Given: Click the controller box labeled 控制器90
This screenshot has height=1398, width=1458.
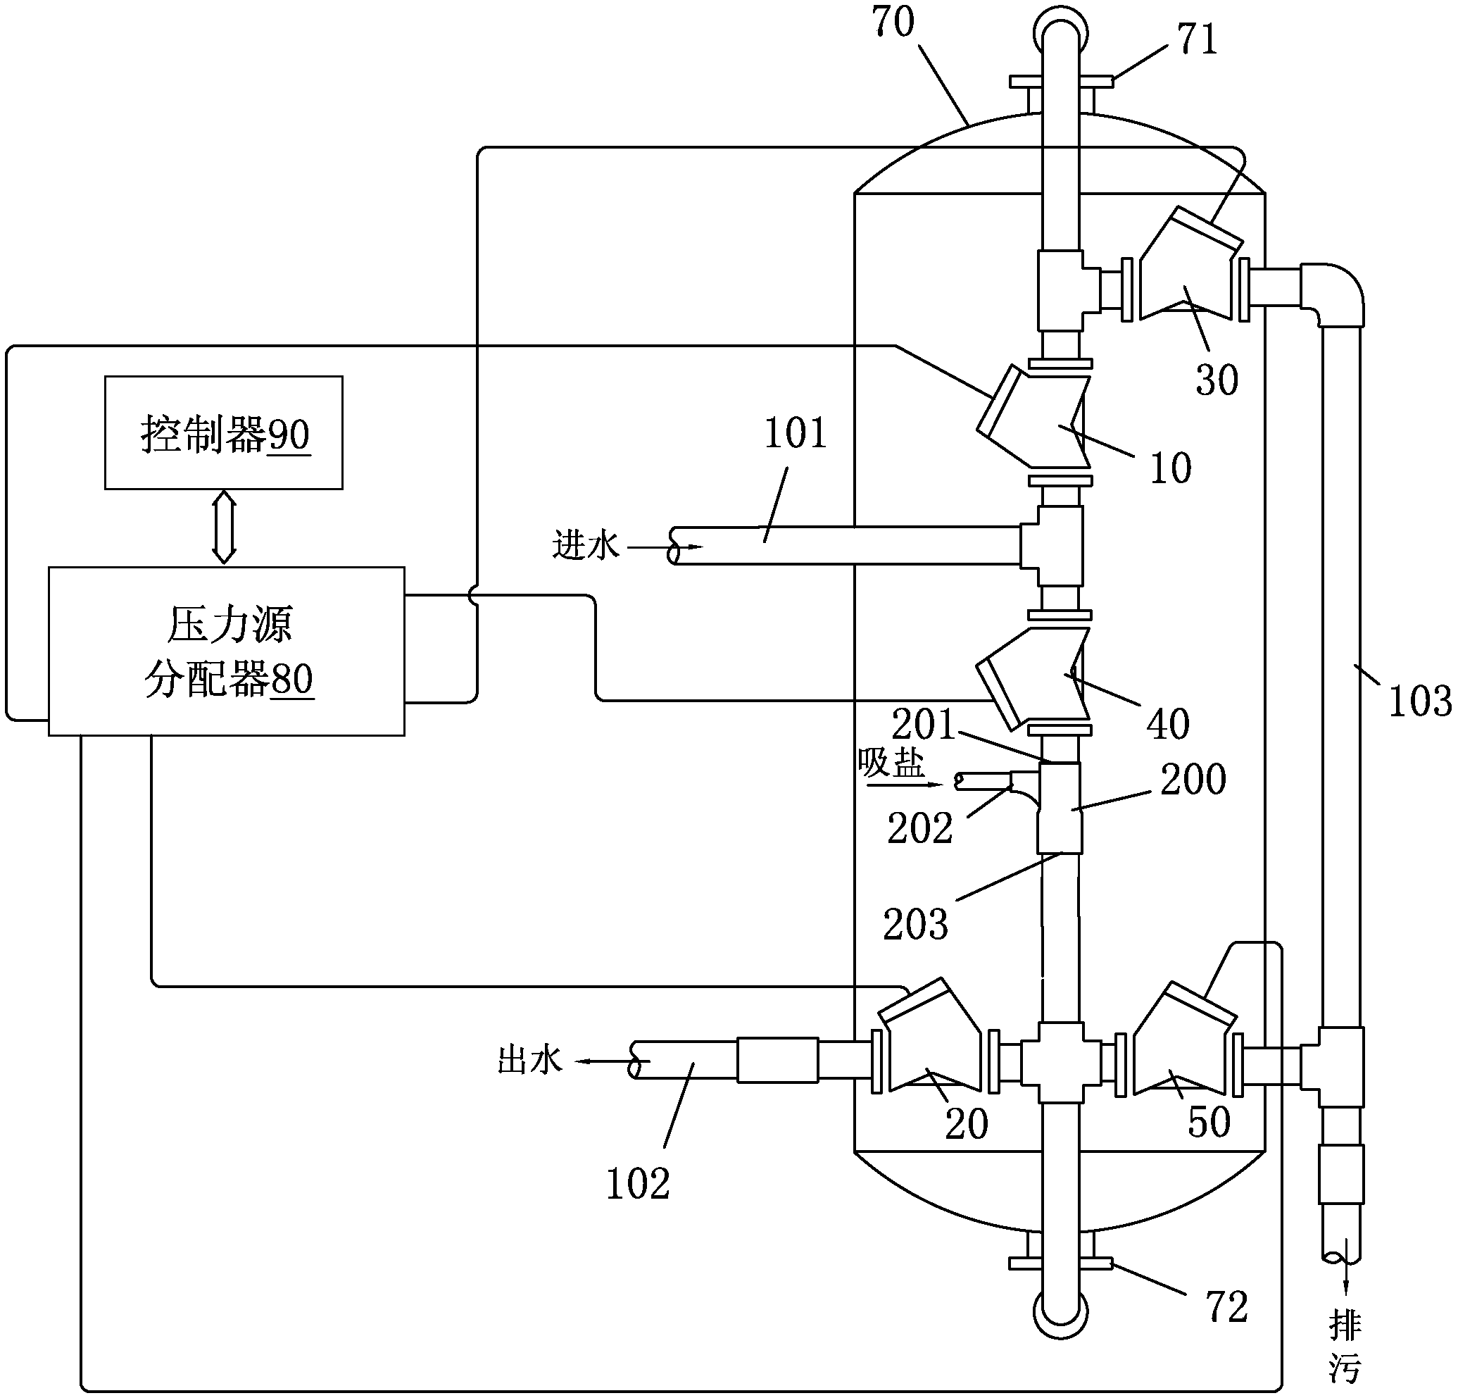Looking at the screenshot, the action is [x=223, y=432].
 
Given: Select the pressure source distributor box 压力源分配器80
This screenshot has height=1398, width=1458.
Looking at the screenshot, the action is [x=226, y=651].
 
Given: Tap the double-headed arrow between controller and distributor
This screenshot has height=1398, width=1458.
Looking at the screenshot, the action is [x=224, y=528].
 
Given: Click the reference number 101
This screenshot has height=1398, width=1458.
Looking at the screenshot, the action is [x=796, y=434].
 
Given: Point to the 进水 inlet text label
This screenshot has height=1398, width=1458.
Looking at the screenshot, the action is [x=586, y=544].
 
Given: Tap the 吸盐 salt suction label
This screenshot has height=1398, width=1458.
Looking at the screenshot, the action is [x=891, y=763].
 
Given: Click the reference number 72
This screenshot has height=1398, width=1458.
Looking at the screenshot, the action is [x=1226, y=1306].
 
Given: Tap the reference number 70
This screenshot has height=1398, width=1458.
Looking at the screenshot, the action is [x=893, y=22].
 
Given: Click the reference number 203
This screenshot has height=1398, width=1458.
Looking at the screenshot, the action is [x=916, y=925].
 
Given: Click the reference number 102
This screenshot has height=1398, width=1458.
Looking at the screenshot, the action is [x=639, y=1185].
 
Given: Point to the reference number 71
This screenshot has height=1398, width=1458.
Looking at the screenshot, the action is [x=1197, y=39].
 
